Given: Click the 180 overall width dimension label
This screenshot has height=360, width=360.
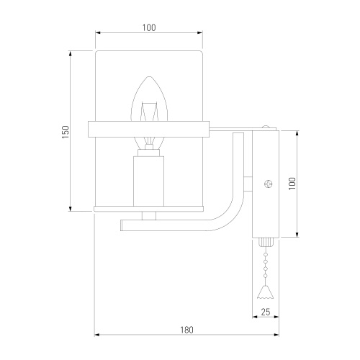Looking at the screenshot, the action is pyautogui.click(x=186, y=330).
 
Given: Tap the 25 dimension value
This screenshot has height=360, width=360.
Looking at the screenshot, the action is pyautogui.click(x=266, y=312).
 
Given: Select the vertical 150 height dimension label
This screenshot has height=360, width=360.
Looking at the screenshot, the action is pyautogui.click(x=66, y=132).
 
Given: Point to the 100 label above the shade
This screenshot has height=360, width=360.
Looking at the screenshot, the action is pyautogui.click(x=149, y=27).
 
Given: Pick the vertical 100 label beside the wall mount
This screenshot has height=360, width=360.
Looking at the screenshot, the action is pyautogui.click(x=292, y=184).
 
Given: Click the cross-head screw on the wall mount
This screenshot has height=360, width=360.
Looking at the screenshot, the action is pyautogui.click(x=268, y=184).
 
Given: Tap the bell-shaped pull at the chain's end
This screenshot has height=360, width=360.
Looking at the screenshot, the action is pyautogui.click(x=265, y=292).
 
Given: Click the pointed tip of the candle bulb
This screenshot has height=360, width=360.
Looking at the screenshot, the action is pyautogui.click(x=149, y=77).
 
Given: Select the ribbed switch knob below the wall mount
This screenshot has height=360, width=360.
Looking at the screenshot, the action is pyautogui.click(x=266, y=242).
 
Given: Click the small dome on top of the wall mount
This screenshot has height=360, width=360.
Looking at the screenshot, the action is pyautogui.click(x=266, y=127).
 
